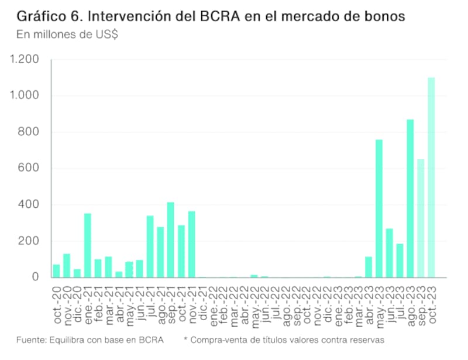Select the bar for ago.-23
tap(410, 198)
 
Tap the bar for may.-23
tap(379, 208)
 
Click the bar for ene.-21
tap(88, 245)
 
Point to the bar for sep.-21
tap(171, 240)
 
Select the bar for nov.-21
tap(191, 244)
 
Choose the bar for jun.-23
tap(389, 253)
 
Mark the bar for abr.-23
tap(369, 267)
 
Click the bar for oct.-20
tap(57, 271)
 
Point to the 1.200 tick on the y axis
tap(25, 60)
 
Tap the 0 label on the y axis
tap(35, 277)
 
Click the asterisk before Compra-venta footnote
tap(185, 339)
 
